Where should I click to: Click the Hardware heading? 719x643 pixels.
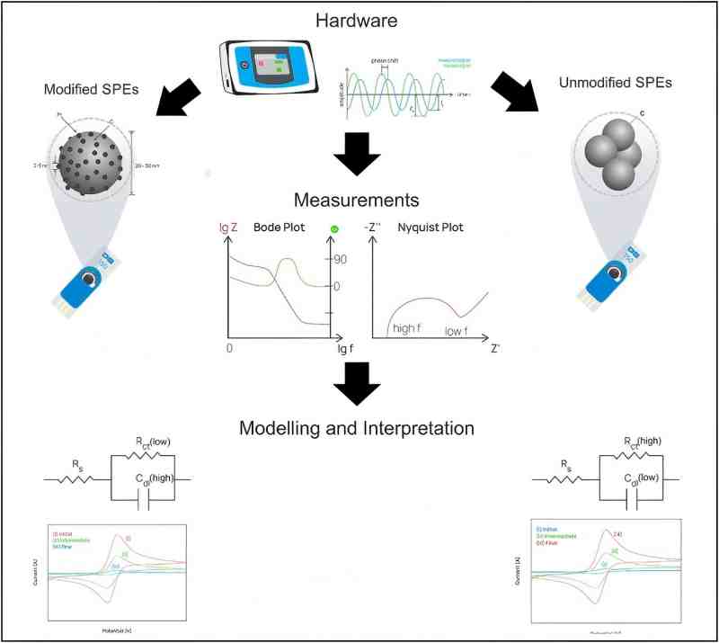(359, 19)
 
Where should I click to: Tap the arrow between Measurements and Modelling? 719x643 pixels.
(358, 384)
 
